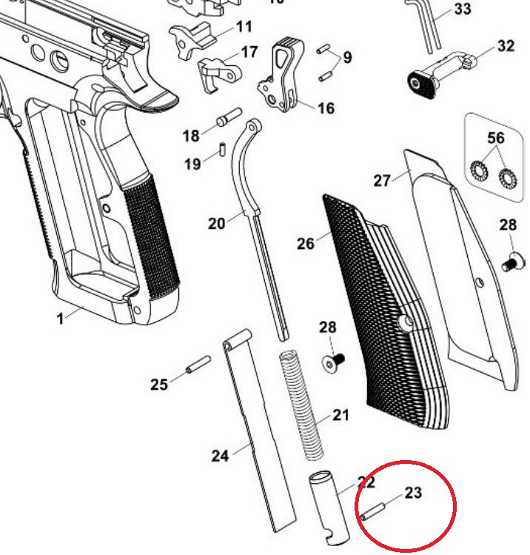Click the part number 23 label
tap(413, 492)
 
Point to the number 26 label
tap(306, 242)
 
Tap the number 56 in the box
tap(495, 139)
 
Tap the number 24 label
tap(220, 456)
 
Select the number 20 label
tap(216, 222)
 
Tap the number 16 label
tap(326, 108)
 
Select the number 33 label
tap(462, 9)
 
